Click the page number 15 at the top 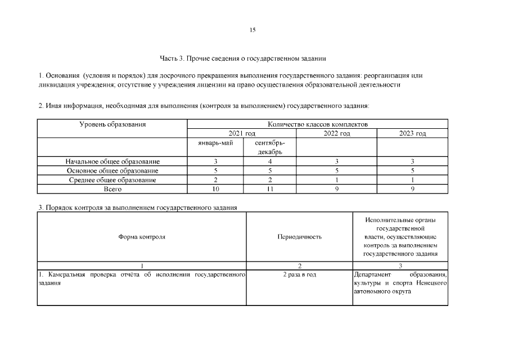pyautogui.click(x=253, y=30)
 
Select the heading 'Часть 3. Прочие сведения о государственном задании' pyautogui.click(x=243, y=58)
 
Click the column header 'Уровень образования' pyautogui.click(x=112, y=124)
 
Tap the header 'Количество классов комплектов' pyautogui.click(x=317, y=124)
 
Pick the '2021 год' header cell pyautogui.click(x=242, y=133)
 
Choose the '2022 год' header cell pyautogui.click(x=336, y=133)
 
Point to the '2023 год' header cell pyautogui.click(x=412, y=133)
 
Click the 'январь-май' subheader pyautogui.click(x=215, y=143)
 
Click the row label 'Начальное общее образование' pyautogui.click(x=112, y=161)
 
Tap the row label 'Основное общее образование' pyautogui.click(x=112, y=170)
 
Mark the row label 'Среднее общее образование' pyautogui.click(x=112, y=180)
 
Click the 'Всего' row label pyautogui.click(x=112, y=189)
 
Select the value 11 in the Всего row pyautogui.click(x=269, y=189)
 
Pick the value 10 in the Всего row pyautogui.click(x=215, y=189)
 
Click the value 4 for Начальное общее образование pyautogui.click(x=269, y=161)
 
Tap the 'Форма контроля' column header pyautogui.click(x=142, y=237)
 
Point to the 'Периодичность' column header pyautogui.click(x=299, y=237)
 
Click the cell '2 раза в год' pyautogui.click(x=299, y=274)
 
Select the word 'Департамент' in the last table pyautogui.click(x=373, y=274)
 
